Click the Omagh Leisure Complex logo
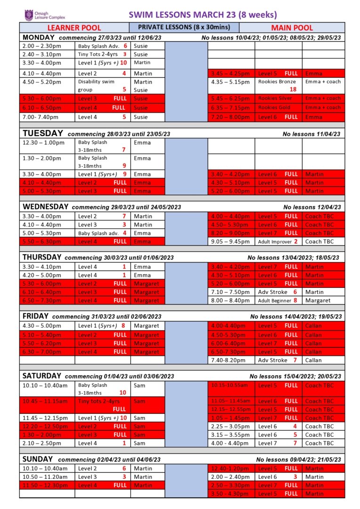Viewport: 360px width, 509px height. [45, 15]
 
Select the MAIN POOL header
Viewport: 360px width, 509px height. [292, 28]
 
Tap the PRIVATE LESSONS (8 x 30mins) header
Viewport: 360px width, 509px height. [185, 27]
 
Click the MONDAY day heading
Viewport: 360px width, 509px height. [38, 37]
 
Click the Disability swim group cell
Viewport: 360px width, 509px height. [103, 85]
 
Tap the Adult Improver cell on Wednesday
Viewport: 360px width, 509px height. [278, 241]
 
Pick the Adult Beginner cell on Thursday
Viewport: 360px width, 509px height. [278, 300]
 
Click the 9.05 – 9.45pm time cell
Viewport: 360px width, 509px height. [231, 241]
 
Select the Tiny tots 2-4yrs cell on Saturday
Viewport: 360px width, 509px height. [103, 405]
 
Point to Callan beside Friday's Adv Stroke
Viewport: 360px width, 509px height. [313, 360]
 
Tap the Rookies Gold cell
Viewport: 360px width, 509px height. [278, 108]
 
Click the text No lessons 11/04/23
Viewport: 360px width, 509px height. [311, 134]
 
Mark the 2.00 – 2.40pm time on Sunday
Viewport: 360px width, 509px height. [230, 477]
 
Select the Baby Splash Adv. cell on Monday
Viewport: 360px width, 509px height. [103, 46]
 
